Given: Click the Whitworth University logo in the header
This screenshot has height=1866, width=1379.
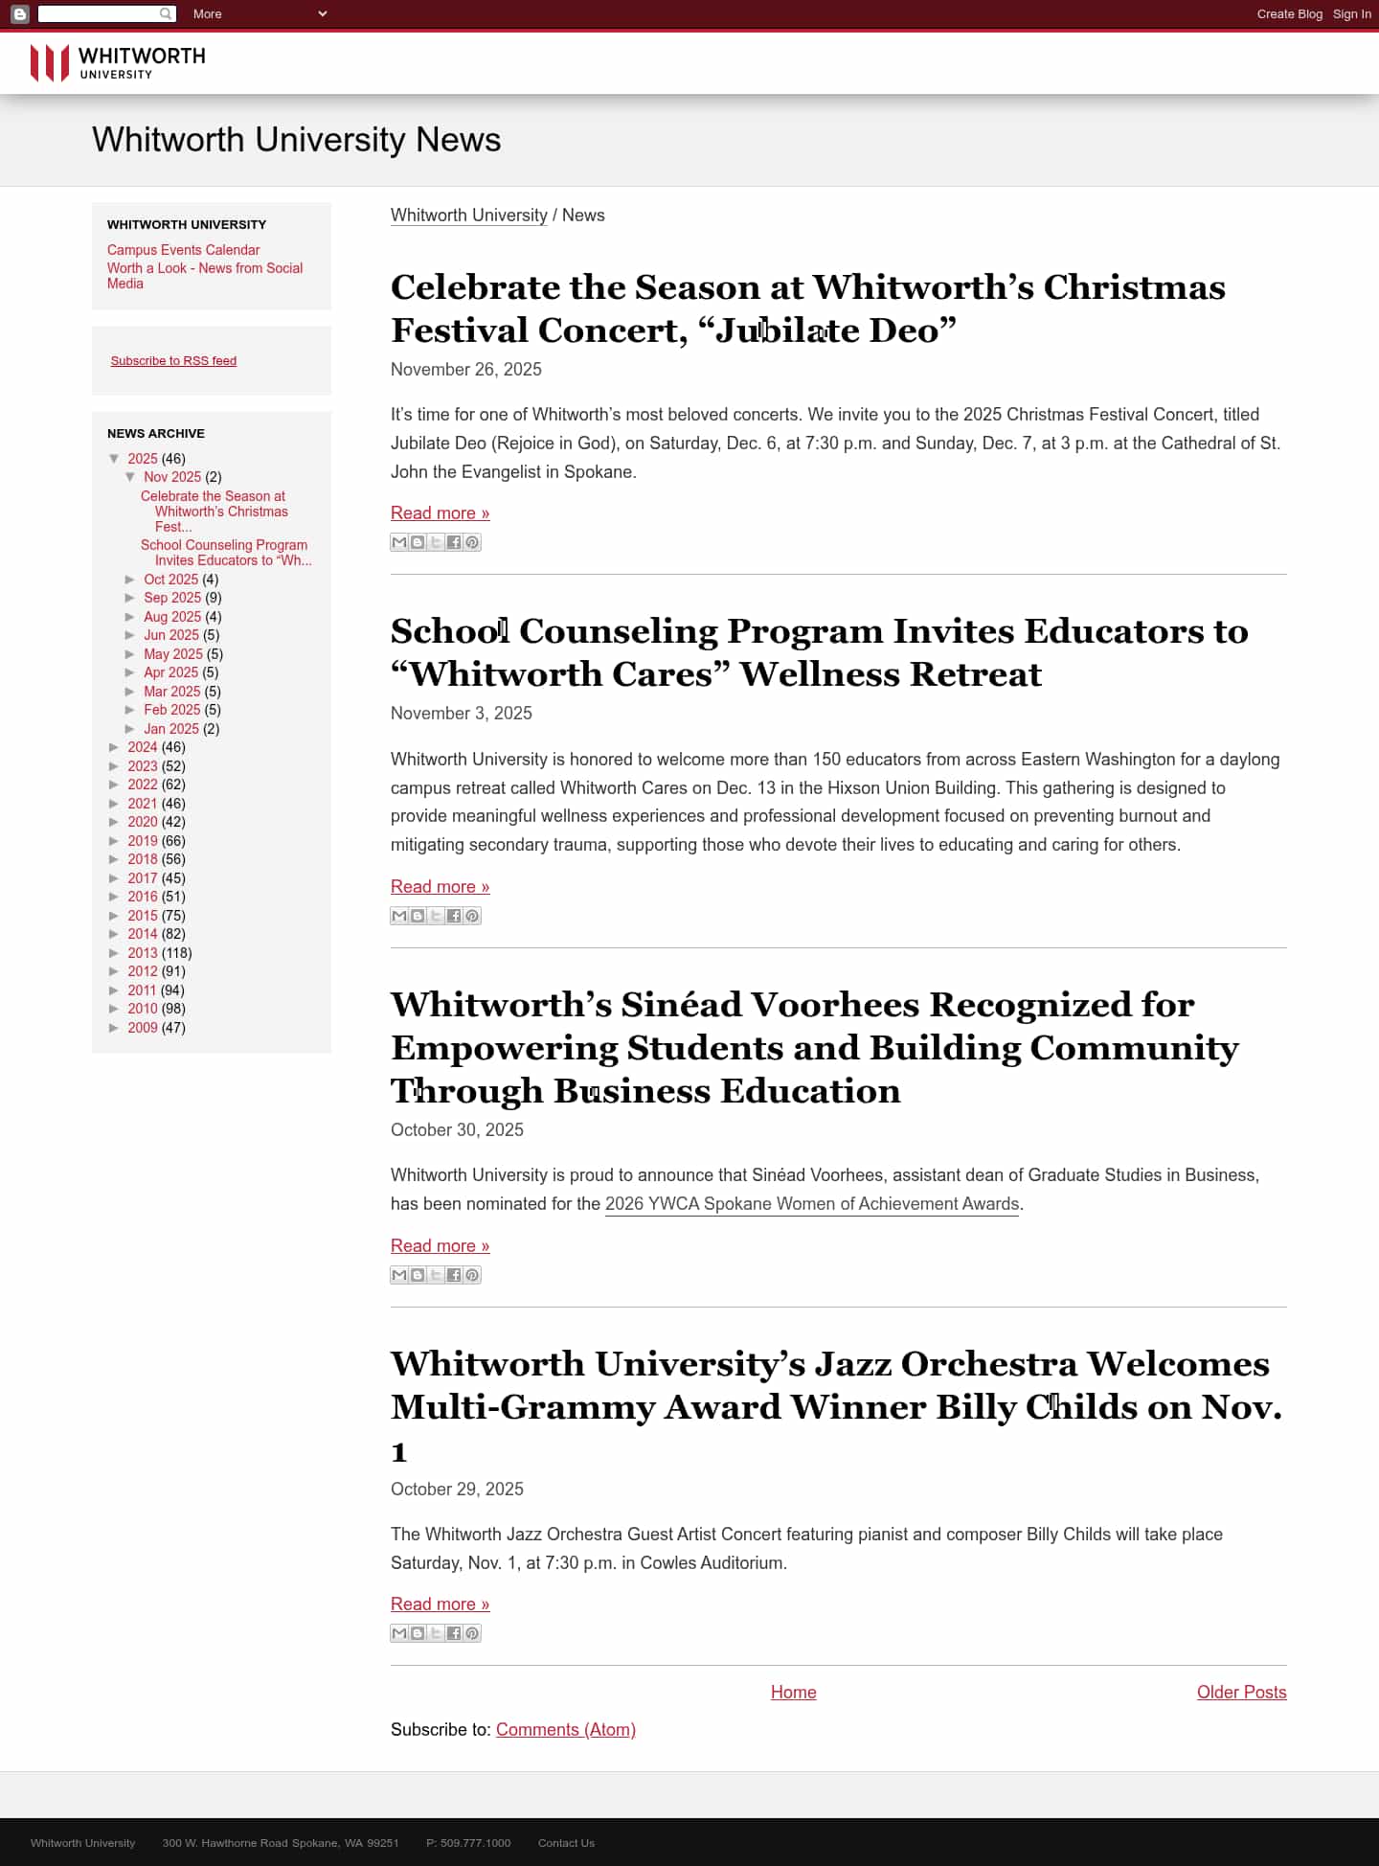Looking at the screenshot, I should pos(117,63).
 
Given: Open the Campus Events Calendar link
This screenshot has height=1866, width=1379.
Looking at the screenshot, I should pos(183,250).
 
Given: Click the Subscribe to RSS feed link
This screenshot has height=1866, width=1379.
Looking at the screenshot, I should pos(173,361).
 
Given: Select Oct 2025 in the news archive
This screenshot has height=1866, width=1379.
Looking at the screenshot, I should pos(170,580).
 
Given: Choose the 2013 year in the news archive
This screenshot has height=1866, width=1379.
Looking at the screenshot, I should pos(142,953).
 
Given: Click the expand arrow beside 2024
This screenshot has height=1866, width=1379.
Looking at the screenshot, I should pos(114,747).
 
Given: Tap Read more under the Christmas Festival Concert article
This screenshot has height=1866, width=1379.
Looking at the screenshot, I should pos(440,513).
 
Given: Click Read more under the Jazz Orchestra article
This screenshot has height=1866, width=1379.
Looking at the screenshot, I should pos(440,1604).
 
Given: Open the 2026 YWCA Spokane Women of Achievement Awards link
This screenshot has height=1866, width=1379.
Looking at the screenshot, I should pos(811,1204).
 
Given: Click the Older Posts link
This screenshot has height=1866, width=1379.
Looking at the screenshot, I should pos(1241,1693).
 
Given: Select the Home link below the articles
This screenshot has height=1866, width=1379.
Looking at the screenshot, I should pos(793,1693).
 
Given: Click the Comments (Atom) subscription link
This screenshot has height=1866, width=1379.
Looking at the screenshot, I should pos(565,1730).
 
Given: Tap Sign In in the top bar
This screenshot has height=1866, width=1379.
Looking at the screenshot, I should pos(1351,14).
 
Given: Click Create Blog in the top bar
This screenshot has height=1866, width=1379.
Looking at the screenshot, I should pos(1289,14).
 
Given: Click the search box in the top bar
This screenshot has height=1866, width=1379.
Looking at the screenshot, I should pos(98,14).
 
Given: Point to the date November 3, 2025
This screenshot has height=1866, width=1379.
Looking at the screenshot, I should pos(461,714).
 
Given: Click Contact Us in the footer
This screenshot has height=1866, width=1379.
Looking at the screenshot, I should pos(566,1843).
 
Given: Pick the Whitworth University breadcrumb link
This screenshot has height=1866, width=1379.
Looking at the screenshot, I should pos(468,216).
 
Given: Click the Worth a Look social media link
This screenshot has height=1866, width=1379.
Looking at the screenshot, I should pos(204,276).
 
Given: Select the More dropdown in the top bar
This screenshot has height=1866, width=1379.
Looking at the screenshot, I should pos(259,14).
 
